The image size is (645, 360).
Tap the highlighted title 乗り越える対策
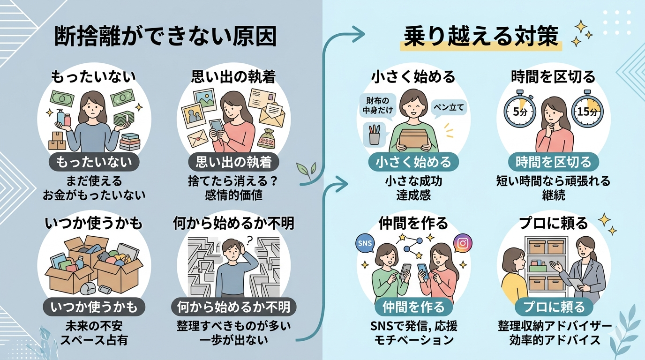481,37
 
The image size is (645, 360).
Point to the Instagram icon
463,243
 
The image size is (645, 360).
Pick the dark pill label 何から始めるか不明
234,307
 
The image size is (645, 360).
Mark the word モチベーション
414,340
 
